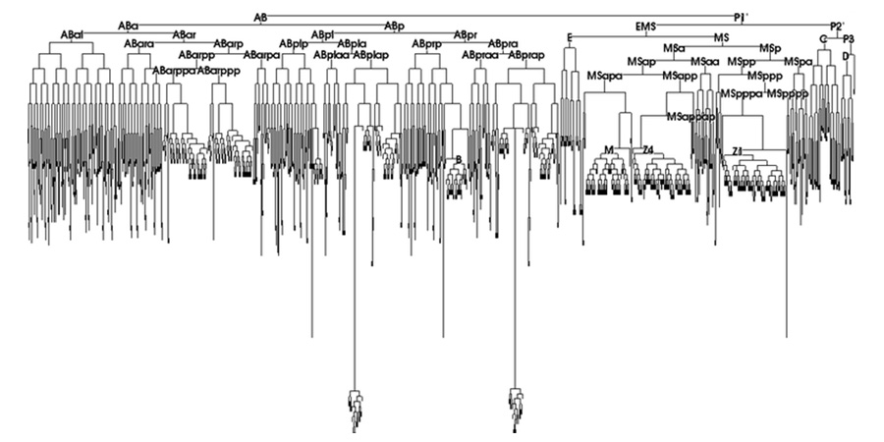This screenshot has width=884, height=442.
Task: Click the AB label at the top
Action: click(x=260, y=17)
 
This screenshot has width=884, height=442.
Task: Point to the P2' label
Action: click(x=837, y=26)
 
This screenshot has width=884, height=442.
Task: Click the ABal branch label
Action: click(x=72, y=35)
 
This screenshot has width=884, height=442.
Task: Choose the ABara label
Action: click(x=138, y=44)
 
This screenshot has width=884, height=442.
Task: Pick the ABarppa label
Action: click(x=174, y=71)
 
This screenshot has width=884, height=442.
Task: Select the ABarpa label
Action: click(x=262, y=54)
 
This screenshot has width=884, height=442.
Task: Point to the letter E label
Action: click(x=569, y=36)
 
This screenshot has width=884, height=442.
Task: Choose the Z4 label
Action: click(x=647, y=149)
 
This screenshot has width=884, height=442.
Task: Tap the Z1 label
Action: click(x=737, y=149)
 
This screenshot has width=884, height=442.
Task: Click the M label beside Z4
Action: click(x=609, y=149)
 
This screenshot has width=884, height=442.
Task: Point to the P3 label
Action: click(x=849, y=38)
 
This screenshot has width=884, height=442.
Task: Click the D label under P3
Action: click(x=846, y=56)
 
